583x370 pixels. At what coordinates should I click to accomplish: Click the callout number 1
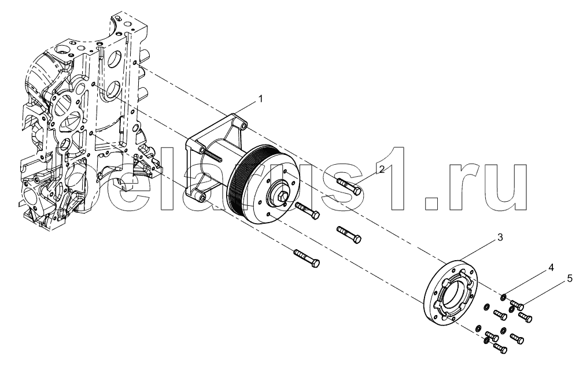(261, 99)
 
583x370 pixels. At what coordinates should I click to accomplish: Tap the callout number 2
(382, 169)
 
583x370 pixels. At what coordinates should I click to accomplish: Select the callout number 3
(500, 238)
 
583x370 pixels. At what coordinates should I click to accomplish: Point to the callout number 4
(551, 268)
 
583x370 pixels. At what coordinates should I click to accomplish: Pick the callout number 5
(570, 279)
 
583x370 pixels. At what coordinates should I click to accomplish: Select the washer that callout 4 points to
(503, 297)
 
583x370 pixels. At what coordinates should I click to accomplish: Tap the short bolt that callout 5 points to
(517, 305)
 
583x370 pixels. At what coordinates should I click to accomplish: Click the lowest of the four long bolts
(307, 258)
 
